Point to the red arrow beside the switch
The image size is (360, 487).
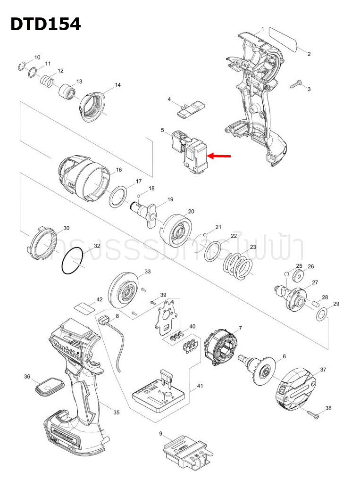[x=220, y=156]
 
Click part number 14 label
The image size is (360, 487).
[x=118, y=85]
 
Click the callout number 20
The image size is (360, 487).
[x=191, y=211]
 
